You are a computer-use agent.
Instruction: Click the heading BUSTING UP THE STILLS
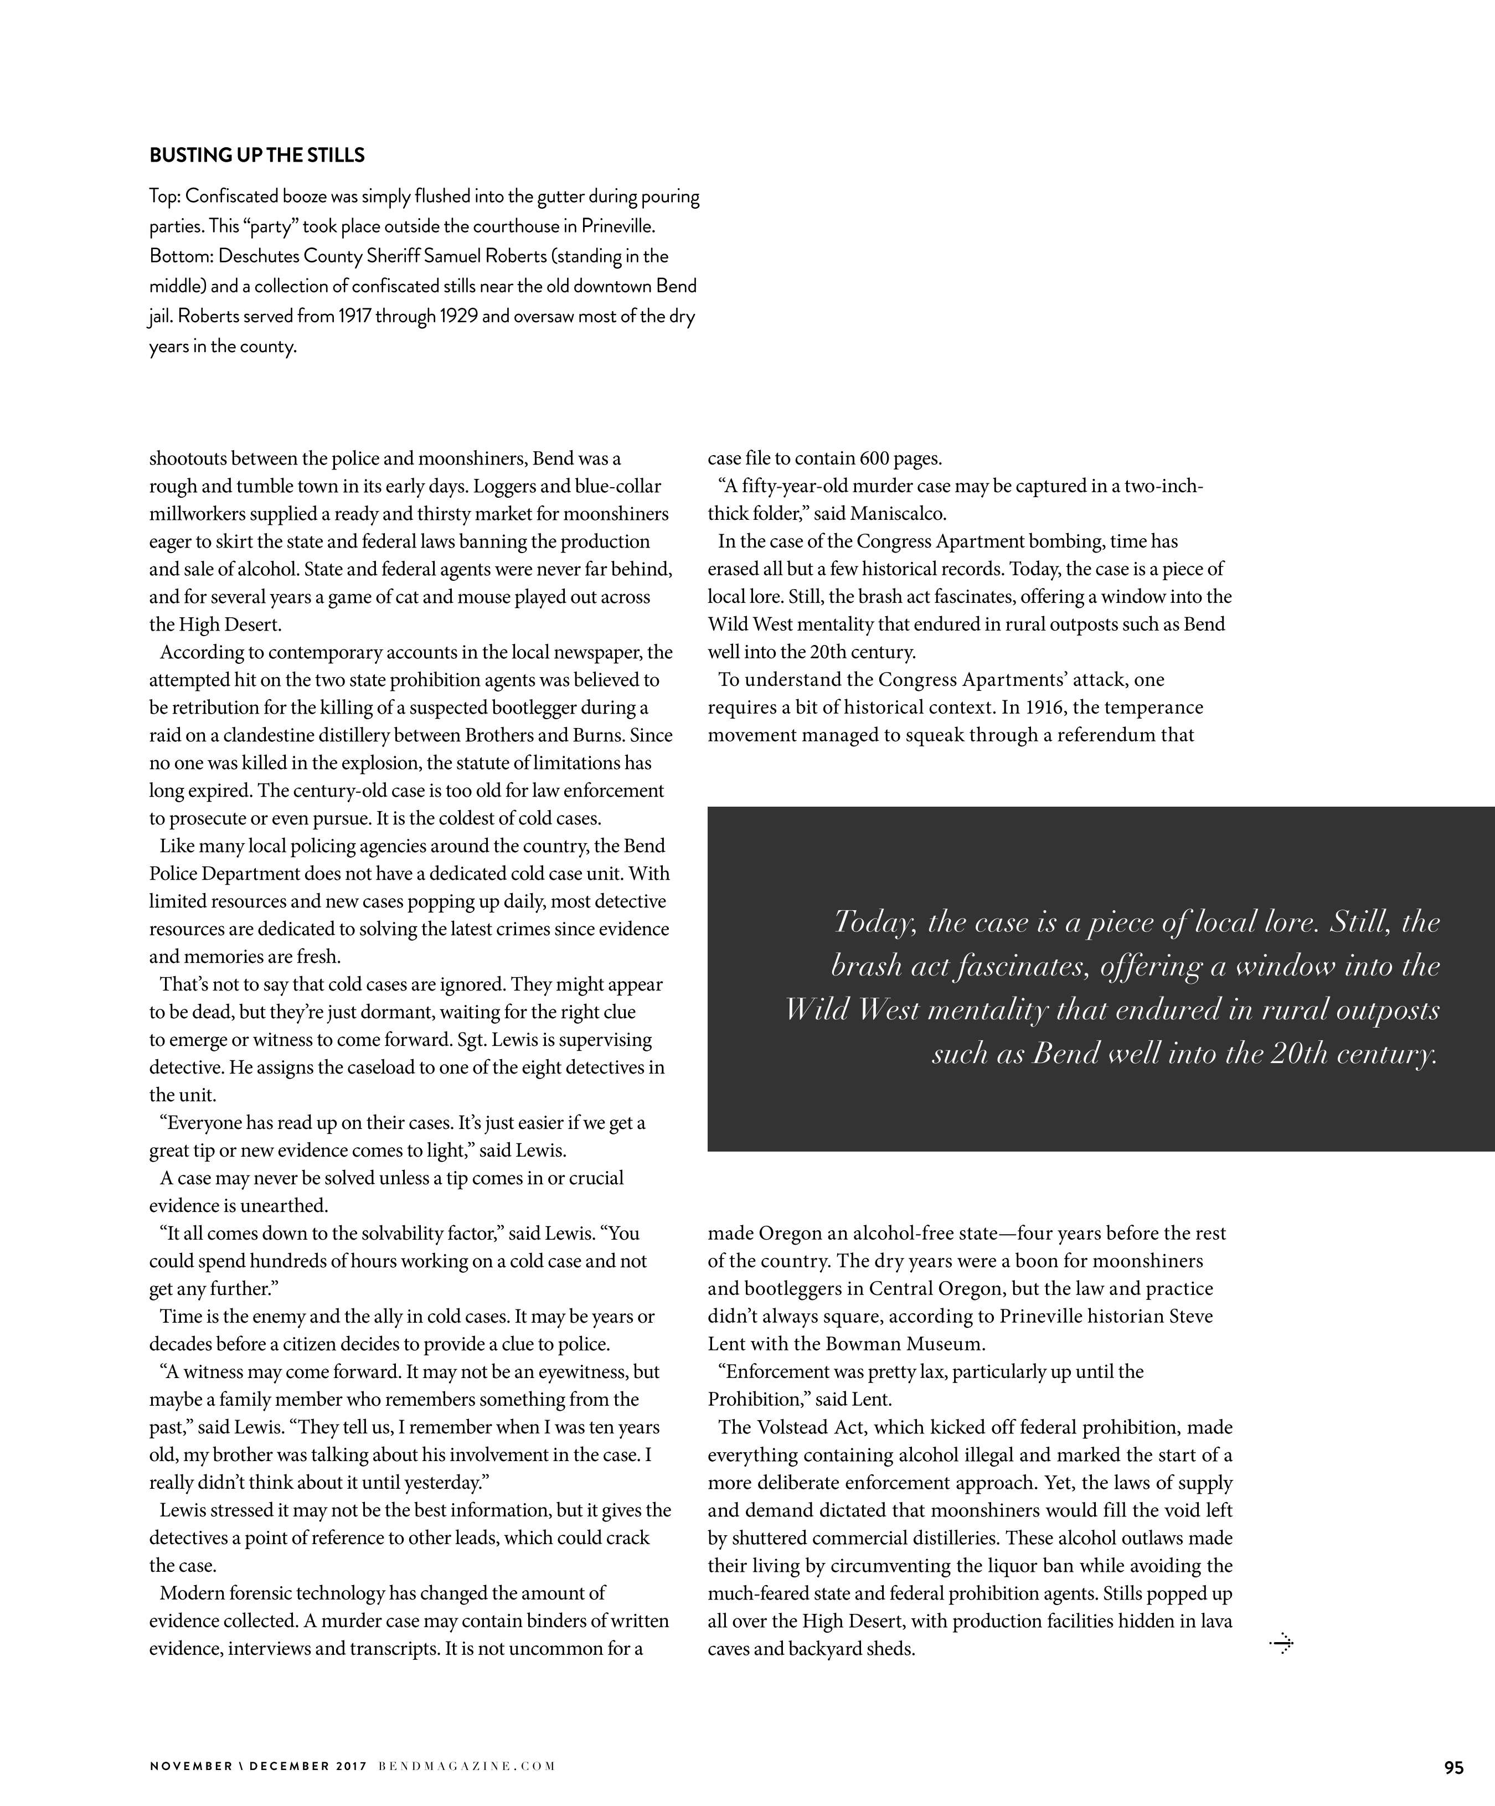click(x=257, y=156)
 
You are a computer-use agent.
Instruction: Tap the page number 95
click(x=1453, y=1767)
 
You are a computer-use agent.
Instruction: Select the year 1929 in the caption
click(x=457, y=317)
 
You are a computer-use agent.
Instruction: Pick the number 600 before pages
click(x=875, y=458)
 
